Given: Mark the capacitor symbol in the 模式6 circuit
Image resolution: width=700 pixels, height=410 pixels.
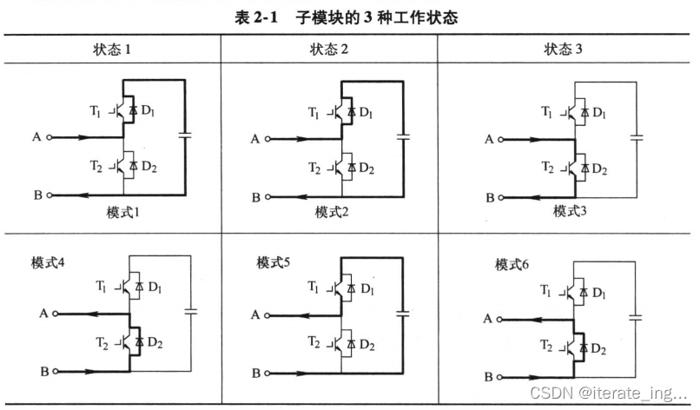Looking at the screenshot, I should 636,318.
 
